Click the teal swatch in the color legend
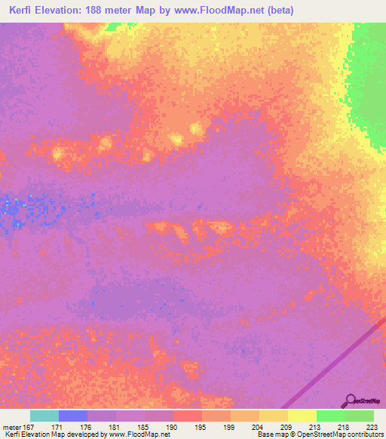pyautogui.click(x=44, y=416)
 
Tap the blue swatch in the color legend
pyautogui.click(x=73, y=416)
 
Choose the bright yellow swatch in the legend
pyautogui.click(x=302, y=416)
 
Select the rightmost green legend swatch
pyautogui.click(x=359, y=416)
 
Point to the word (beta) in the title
pyautogui.click(x=276, y=11)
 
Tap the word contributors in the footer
pyautogui.click(x=363, y=435)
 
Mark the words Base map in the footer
pyautogui.click(x=270, y=435)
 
